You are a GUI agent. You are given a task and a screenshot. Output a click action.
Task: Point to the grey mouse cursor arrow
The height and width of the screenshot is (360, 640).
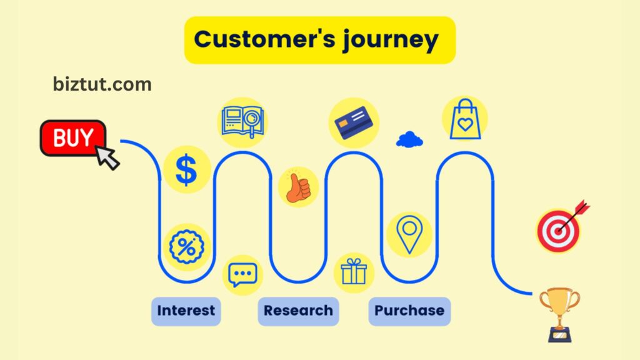click(x=108, y=158)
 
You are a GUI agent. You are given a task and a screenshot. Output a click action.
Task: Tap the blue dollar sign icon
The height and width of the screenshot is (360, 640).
click(x=186, y=169)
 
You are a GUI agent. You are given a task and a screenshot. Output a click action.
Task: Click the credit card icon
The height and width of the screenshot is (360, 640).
click(x=354, y=122)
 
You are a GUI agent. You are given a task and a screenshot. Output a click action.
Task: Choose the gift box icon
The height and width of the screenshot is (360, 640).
click(x=354, y=273)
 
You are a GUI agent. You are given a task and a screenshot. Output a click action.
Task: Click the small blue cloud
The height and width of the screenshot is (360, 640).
click(x=409, y=139)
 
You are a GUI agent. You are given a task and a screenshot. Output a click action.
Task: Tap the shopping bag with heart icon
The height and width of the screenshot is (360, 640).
click(x=465, y=119)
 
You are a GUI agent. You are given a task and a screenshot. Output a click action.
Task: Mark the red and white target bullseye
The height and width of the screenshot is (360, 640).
click(x=560, y=229)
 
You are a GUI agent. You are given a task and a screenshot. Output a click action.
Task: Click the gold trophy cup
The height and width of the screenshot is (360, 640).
click(x=559, y=312)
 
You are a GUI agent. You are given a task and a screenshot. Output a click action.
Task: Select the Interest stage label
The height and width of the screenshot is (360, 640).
click(x=186, y=311)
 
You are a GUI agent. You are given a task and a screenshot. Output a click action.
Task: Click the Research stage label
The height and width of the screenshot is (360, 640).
click(x=298, y=311)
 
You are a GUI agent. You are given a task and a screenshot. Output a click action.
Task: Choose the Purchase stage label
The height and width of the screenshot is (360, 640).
click(x=409, y=311)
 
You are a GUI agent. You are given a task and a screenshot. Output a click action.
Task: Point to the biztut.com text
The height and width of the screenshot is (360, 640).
click(x=102, y=84)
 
